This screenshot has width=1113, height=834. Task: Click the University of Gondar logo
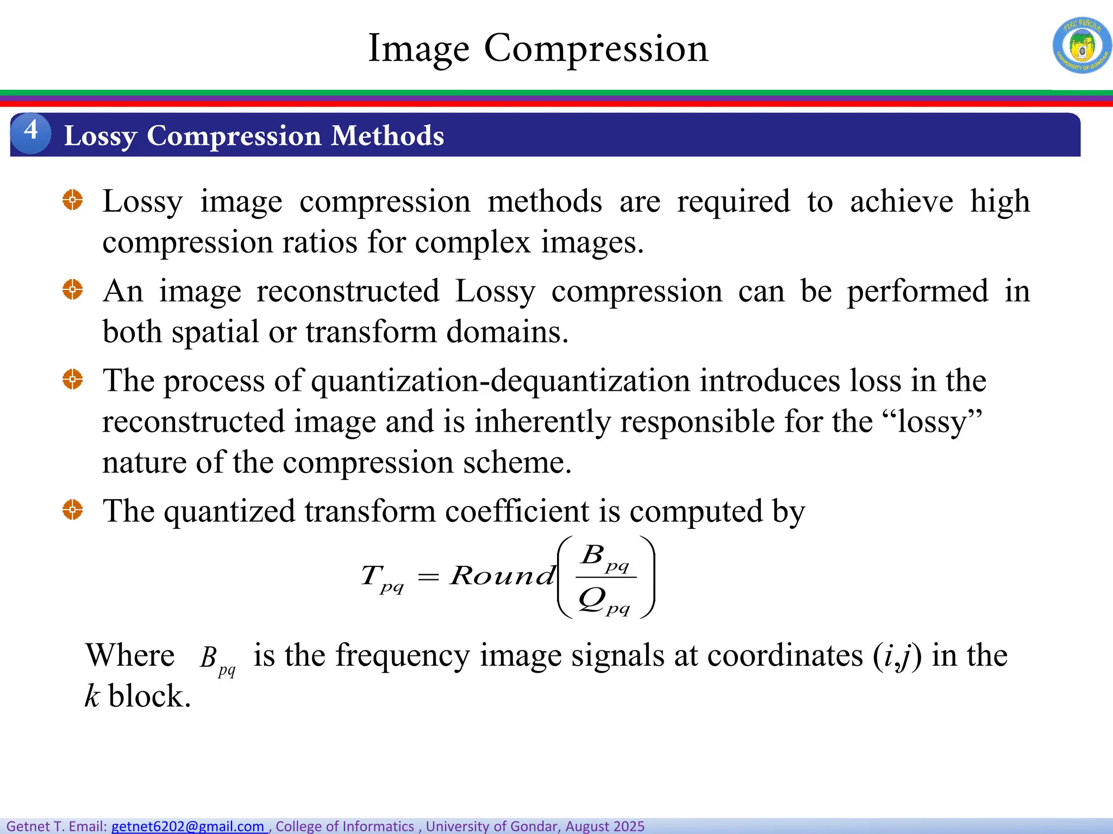(x=1081, y=46)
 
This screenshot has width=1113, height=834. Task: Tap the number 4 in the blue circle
(x=31, y=131)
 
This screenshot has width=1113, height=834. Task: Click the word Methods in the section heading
(x=387, y=136)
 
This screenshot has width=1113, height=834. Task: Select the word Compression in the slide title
(x=596, y=49)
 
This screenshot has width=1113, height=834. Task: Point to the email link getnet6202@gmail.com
(x=187, y=826)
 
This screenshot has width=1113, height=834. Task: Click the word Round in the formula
(x=503, y=576)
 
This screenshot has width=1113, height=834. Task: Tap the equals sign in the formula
(x=428, y=577)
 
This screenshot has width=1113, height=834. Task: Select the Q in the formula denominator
(x=591, y=599)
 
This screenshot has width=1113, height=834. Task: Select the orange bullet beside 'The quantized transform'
(x=72, y=510)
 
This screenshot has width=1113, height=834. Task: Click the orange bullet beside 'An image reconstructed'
(x=72, y=289)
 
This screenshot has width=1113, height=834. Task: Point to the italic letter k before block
(x=92, y=696)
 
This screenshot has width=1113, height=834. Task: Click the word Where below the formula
(x=130, y=655)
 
